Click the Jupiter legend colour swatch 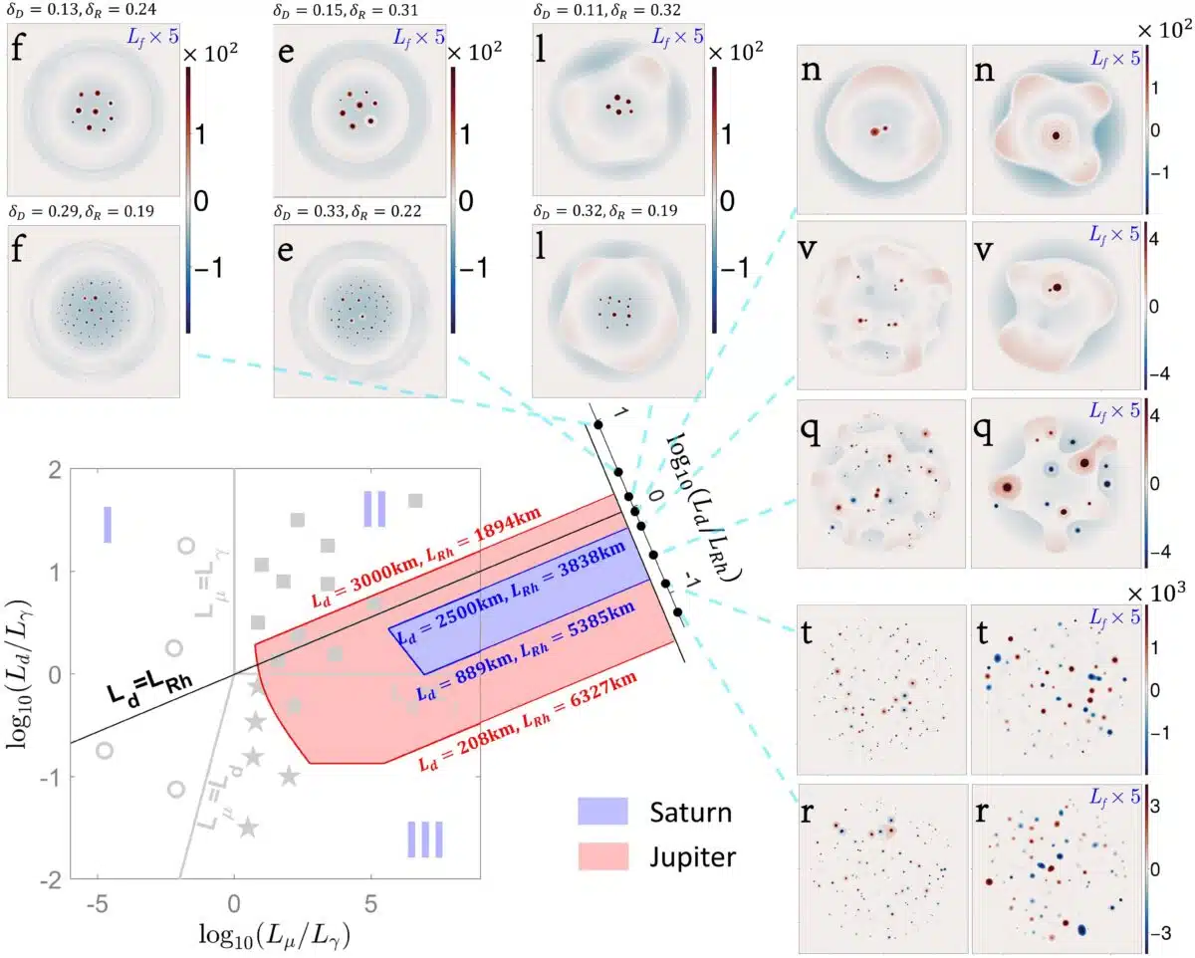pyautogui.click(x=604, y=853)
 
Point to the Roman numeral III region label pyautogui.click(x=425, y=839)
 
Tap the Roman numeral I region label pyautogui.click(x=108, y=524)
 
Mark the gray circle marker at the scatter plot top pyautogui.click(x=185, y=546)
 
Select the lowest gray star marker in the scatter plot pyautogui.click(x=248, y=827)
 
